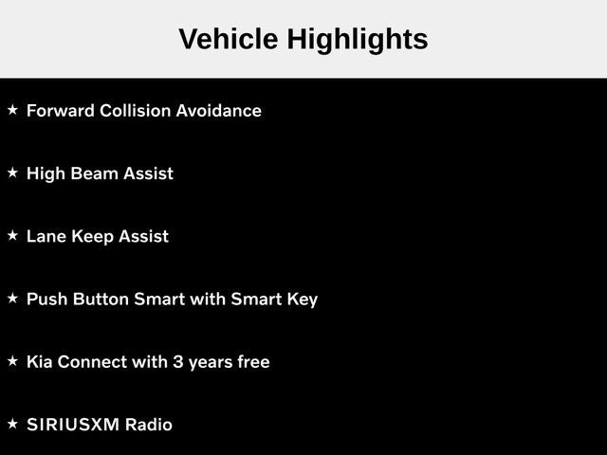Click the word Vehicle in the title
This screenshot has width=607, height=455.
coord(229,39)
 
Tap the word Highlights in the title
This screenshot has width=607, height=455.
coord(358,41)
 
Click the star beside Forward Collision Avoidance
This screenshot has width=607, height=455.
coord(12,110)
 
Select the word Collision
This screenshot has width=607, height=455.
coord(135,111)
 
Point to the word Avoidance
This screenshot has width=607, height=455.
coord(219,111)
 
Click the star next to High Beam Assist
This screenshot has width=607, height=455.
coord(12,173)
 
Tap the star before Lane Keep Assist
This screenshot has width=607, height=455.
coord(12,235)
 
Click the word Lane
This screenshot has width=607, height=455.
coord(46,236)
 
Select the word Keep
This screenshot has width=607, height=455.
coord(93,237)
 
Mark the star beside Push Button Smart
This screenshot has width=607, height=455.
coord(12,298)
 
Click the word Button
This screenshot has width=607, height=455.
coord(101,300)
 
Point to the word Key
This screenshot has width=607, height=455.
coord(303,300)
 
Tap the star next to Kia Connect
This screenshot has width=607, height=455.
coord(12,361)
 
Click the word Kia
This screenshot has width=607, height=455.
coord(40,362)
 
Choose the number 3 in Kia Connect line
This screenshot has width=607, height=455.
coord(177,362)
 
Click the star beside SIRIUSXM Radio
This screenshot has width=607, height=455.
coord(12,424)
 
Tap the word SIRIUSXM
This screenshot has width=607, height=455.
coord(73,425)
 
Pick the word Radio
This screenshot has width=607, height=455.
coord(149,425)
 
